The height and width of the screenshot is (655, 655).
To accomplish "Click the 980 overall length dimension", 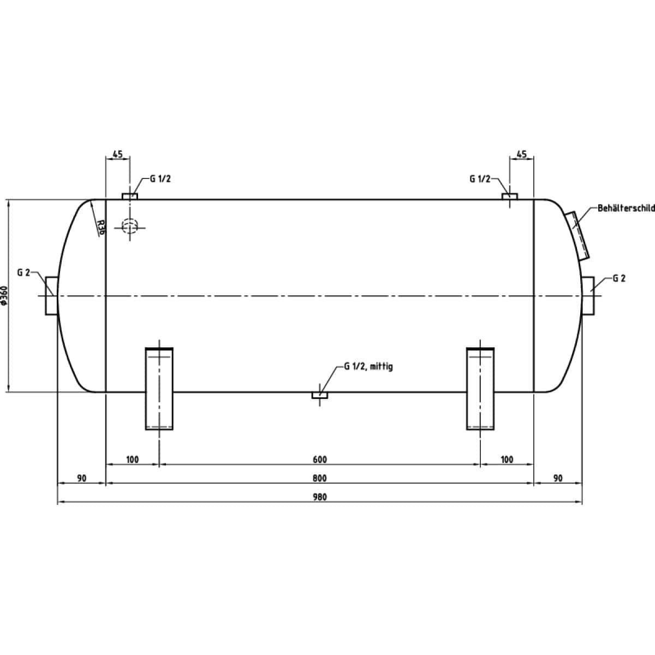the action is (319, 497).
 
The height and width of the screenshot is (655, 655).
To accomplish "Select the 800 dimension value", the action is (319, 479).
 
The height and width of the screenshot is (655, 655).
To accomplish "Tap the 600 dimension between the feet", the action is (319, 460).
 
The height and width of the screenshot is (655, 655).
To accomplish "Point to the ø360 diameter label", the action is (4, 295).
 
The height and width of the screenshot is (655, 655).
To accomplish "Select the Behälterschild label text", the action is (626, 208).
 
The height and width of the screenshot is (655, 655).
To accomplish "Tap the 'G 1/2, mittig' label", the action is (368, 366).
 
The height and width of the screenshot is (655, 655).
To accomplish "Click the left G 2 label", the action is (24, 272).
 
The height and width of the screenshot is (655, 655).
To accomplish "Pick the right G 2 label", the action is (619, 278).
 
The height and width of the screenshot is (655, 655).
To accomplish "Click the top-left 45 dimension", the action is (117, 154).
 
